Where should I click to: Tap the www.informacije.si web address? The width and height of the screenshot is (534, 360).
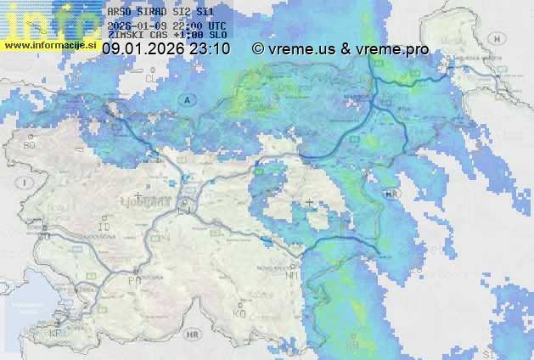(51, 44)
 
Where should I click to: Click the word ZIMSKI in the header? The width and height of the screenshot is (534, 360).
(126, 37)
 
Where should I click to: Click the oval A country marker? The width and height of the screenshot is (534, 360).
(184, 99)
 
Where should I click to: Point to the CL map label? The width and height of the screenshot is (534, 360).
(152, 78)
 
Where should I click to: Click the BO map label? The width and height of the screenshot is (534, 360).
(29, 146)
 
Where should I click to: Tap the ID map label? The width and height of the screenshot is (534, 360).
(105, 228)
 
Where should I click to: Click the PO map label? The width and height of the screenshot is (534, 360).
(133, 280)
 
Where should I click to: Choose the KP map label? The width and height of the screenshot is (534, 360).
(56, 334)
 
